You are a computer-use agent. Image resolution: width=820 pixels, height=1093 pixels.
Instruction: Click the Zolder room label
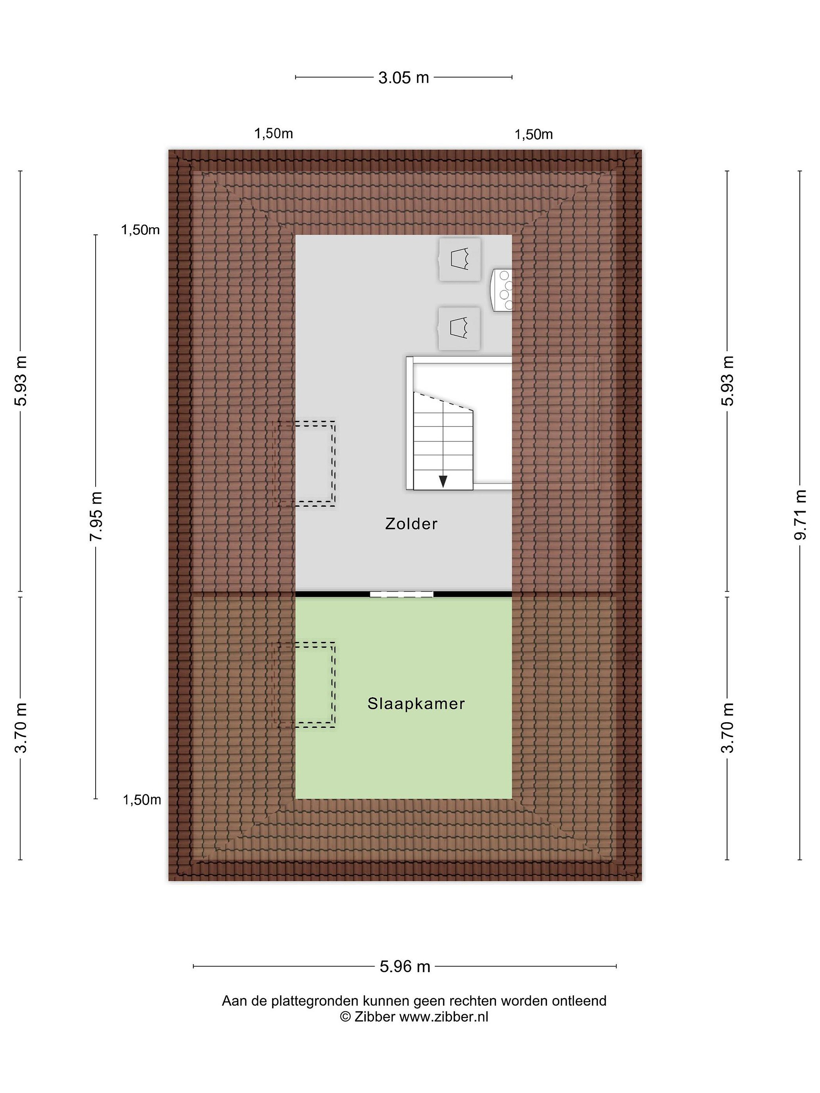point(411,524)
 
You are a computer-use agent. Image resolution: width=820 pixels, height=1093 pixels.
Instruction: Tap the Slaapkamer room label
point(416,704)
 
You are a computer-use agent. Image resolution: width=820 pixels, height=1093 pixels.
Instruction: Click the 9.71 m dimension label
point(800,515)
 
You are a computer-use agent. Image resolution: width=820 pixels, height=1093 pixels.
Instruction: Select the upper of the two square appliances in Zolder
point(460,260)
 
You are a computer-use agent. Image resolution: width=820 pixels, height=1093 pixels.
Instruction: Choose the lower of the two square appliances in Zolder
point(460,329)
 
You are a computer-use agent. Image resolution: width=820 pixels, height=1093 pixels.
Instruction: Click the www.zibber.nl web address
point(444,1016)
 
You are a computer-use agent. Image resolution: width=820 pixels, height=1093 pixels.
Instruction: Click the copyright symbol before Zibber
point(345,1016)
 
